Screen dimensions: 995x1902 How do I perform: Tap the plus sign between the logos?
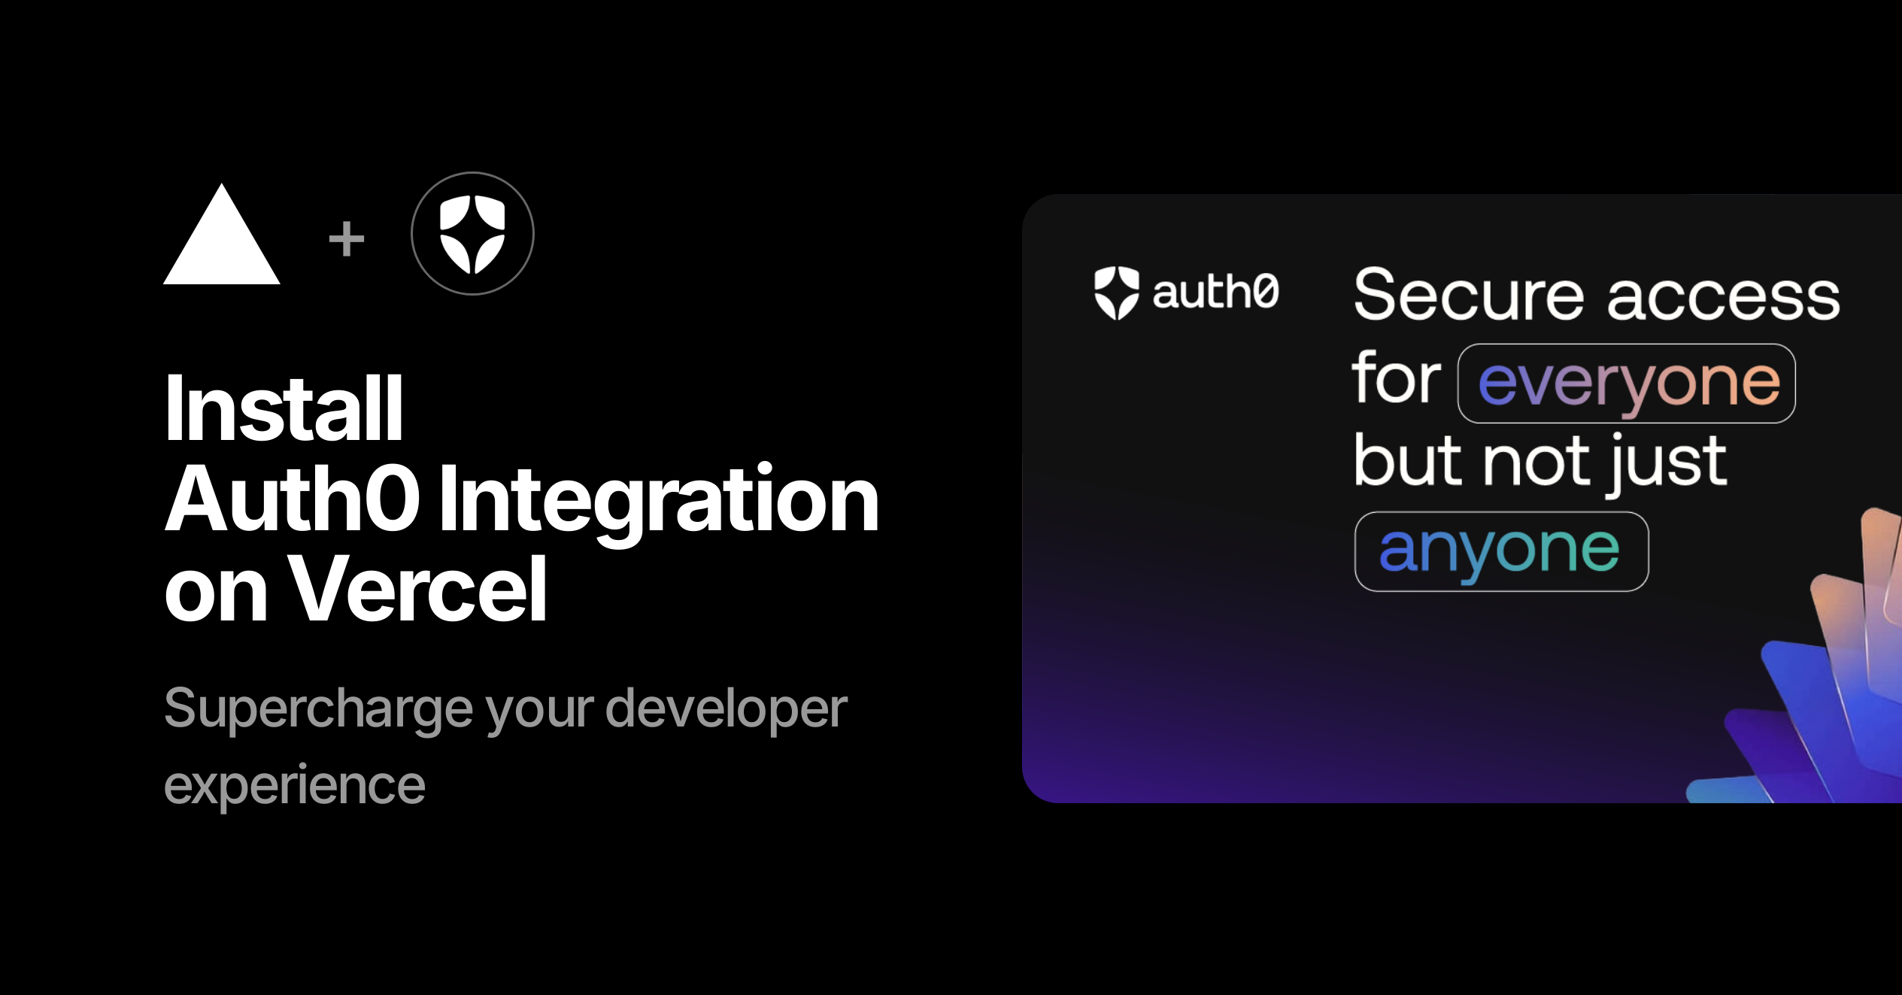click(347, 239)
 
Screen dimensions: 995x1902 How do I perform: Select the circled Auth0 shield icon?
click(472, 234)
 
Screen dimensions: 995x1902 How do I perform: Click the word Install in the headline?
click(284, 409)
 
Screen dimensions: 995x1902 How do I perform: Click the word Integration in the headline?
click(659, 500)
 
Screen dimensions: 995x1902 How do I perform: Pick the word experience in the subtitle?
click(295, 786)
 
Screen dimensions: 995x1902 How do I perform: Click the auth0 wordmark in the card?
click(1215, 292)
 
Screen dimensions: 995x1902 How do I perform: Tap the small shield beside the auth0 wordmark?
click(1116, 293)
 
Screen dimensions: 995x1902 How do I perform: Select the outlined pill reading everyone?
click(1627, 384)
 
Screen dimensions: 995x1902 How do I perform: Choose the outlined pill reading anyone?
click(1501, 551)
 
